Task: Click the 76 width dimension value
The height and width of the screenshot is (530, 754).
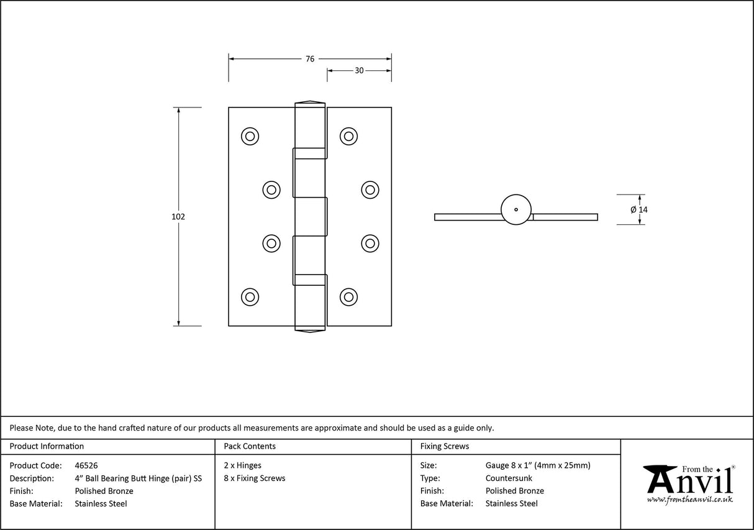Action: [x=309, y=59]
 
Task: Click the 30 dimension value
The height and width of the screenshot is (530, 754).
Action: [x=359, y=71]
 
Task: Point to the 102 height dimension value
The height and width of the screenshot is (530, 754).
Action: [x=178, y=217]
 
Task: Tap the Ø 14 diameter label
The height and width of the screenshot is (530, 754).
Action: [x=639, y=210]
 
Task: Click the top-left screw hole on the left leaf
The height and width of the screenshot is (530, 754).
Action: [x=250, y=136]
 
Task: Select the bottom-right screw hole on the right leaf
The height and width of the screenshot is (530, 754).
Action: [x=348, y=297]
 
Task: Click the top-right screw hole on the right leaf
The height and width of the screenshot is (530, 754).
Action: [x=348, y=136]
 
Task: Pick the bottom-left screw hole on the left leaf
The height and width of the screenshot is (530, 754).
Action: [x=250, y=297]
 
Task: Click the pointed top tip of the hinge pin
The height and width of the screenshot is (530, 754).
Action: [x=309, y=103]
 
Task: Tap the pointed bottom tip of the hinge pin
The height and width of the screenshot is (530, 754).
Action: [x=309, y=329]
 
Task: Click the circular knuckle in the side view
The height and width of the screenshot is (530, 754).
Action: [x=516, y=209]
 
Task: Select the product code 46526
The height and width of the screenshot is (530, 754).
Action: [x=86, y=465]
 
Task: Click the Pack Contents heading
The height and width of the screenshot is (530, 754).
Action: [x=250, y=446]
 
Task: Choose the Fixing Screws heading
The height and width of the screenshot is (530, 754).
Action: [x=445, y=446]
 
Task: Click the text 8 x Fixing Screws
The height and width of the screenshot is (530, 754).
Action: [x=255, y=478]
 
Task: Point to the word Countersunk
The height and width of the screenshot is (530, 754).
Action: [x=509, y=478]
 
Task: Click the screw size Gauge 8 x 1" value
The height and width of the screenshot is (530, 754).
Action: [x=538, y=465]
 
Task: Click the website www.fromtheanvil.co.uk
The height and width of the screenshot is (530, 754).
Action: [x=690, y=500]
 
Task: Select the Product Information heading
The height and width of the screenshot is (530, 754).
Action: [x=47, y=446]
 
